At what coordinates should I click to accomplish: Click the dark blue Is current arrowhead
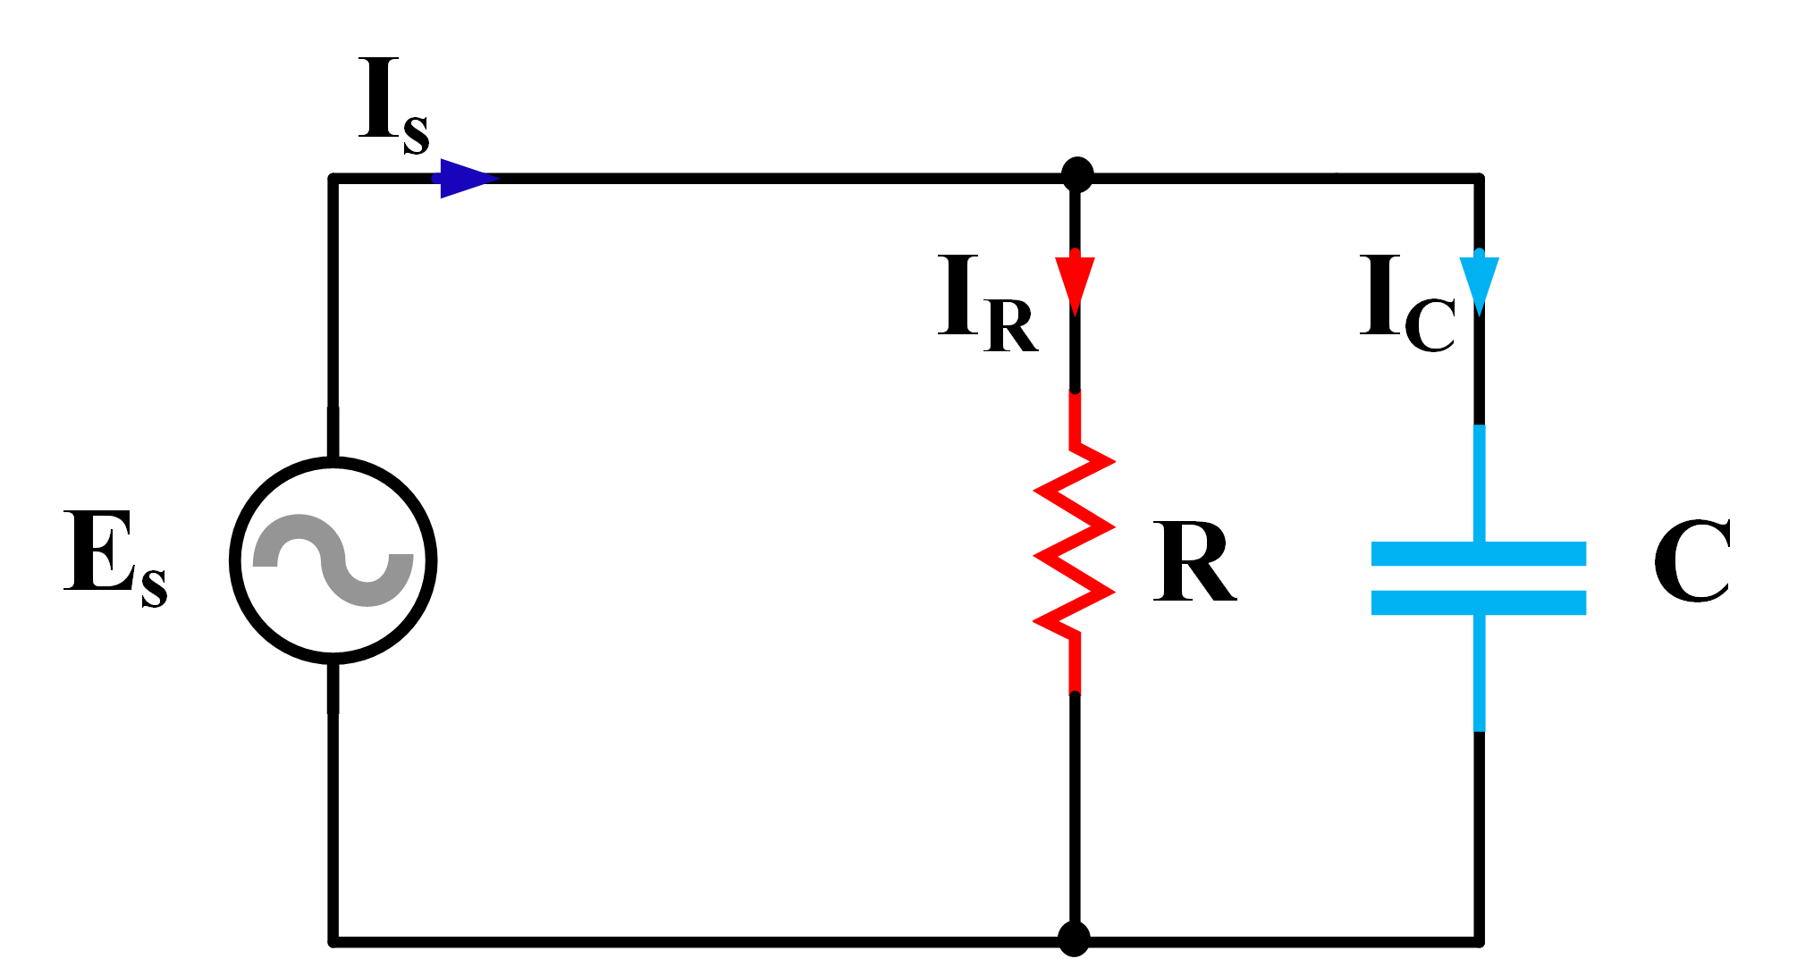[465, 179]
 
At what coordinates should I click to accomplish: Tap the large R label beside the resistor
[1194, 561]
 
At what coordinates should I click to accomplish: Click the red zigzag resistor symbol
[1075, 541]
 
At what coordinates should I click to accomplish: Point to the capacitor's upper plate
[1479, 553]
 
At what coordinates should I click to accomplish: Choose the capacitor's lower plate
[1479, 602]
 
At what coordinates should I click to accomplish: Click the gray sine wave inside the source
[333, 560]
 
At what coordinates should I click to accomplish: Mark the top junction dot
[1077, 175]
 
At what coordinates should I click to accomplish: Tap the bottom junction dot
[1074, 939]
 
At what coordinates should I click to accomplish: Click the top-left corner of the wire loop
[333, 179]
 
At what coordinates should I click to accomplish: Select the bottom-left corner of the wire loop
[333, 941]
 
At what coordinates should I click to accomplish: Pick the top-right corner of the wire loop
[1479, 179]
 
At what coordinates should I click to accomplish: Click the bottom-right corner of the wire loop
[1479, 941]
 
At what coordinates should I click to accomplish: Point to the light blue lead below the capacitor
[1479, 675]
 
